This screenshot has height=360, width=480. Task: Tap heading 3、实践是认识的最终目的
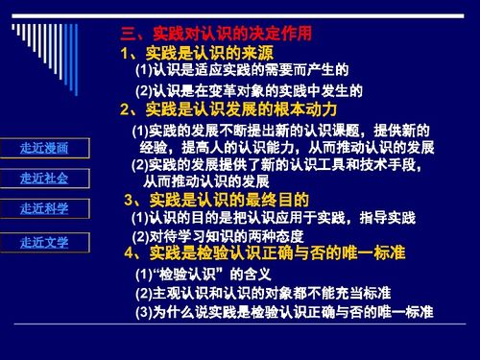[x=216, y=200]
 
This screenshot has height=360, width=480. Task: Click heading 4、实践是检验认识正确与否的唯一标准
[x=265, y=252]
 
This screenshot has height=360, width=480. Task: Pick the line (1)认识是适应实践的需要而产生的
[x=240, y=71]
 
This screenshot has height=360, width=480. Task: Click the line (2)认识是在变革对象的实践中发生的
[x=248, y=90]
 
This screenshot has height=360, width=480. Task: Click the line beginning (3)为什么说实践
[x=283, y=313]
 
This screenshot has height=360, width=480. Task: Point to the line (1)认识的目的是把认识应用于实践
[x=271, y=218]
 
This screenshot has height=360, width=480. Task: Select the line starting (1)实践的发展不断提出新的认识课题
[x=279, y=130]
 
